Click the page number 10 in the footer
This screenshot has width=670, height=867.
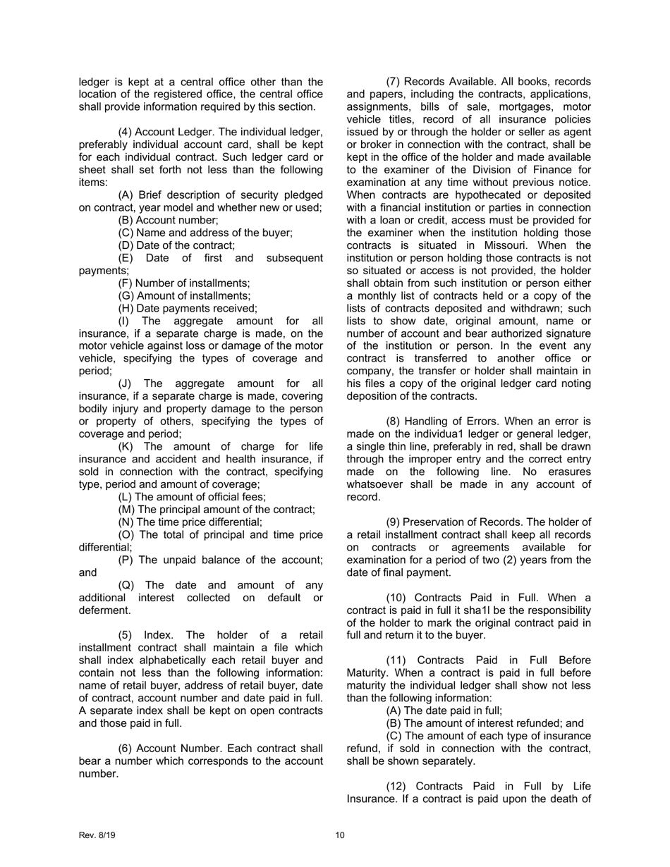pos(340,835)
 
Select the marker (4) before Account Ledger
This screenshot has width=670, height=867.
pos(126,133)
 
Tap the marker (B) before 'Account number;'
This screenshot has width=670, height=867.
pos(126,220)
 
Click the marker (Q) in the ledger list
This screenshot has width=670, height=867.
pos(127,585)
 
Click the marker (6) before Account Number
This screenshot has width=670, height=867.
pos(126,748)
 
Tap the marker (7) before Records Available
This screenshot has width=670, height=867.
pos(394,82)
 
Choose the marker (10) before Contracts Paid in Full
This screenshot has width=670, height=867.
pos(397,598)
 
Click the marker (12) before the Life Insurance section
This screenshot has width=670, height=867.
pos(397,786)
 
